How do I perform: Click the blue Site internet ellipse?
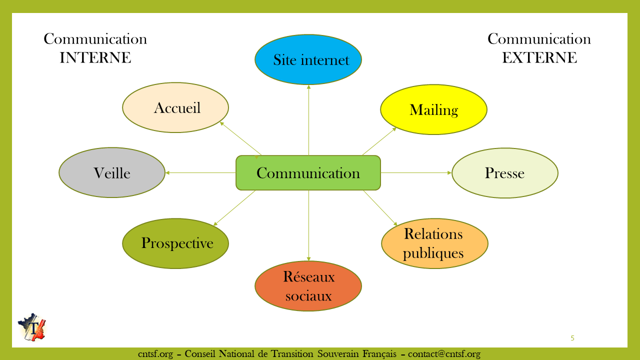[308, 59]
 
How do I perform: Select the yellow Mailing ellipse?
[433, 109]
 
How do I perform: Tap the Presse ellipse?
[504, 173]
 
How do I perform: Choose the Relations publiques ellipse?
[434, 243]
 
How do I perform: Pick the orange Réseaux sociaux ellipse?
[308, 286]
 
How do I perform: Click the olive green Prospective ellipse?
[175, 243]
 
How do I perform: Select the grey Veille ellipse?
[112, 172]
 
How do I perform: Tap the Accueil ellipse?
[175, 107]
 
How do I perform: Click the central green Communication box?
[308, 173]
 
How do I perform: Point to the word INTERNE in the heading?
[95, 58]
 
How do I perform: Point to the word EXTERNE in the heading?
[539, 58]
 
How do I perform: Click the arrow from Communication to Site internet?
[308, 120]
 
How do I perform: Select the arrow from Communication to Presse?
[416, 172]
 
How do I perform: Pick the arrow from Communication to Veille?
[200, 172]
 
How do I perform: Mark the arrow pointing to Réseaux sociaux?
[308, 225]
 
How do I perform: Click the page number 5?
[572, 338]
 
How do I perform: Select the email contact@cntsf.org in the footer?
[444, 354]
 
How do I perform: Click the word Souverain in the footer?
[337, 354]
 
